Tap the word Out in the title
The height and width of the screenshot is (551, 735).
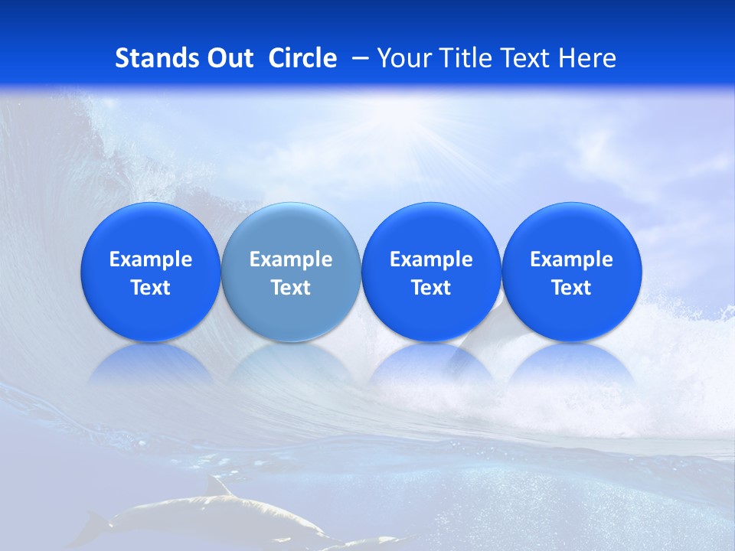tap(230, 58)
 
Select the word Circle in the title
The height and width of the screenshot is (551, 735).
tap(302, 58)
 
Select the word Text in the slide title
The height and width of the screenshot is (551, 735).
tap(527, 58)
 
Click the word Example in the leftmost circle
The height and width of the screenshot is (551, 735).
tap(151, 259)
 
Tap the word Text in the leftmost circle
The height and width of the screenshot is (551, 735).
tap(151, 288)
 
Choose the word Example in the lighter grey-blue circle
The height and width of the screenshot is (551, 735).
tap(291, 259)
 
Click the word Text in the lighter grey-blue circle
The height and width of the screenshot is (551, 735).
tap(291, 288)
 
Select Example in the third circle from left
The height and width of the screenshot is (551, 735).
tap(431, 259)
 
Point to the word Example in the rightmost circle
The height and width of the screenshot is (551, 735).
tap(572, 259)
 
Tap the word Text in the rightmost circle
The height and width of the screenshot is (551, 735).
tap(572, 288)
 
